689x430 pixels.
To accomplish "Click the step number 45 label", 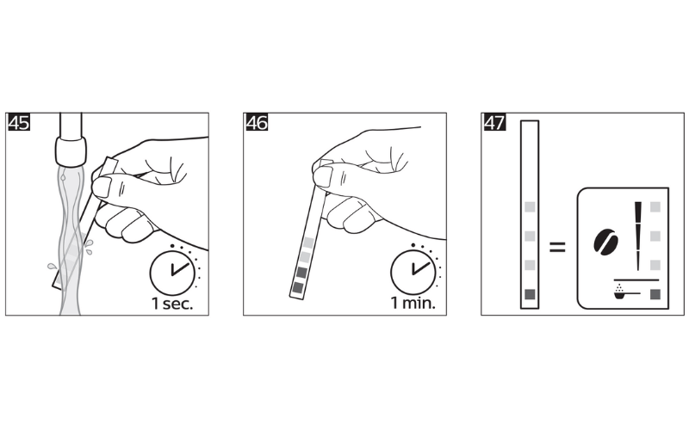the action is (19, 122).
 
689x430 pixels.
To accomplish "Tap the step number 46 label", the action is (257, 122).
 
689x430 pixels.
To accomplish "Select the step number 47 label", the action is (494, 122).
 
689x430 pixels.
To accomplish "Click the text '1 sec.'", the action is (172, 304).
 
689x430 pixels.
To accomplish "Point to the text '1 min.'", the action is (413, 303).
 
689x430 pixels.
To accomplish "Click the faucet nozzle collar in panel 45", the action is (71, 151).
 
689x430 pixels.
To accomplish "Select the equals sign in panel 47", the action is (557, 247).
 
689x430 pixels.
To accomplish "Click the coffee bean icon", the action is (606, 242).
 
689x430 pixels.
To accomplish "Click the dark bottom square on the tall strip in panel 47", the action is (530, 294).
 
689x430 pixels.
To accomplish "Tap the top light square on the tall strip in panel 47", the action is (530, 207).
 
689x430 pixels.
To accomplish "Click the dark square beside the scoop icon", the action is (655, 294).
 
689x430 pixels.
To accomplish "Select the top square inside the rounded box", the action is (655, 207).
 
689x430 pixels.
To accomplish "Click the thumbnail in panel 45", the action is (102, 187).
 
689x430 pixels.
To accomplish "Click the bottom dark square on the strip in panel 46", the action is (297, 287).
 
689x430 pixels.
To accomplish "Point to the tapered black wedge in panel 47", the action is (637, 236).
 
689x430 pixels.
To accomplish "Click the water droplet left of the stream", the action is (53, 266).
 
